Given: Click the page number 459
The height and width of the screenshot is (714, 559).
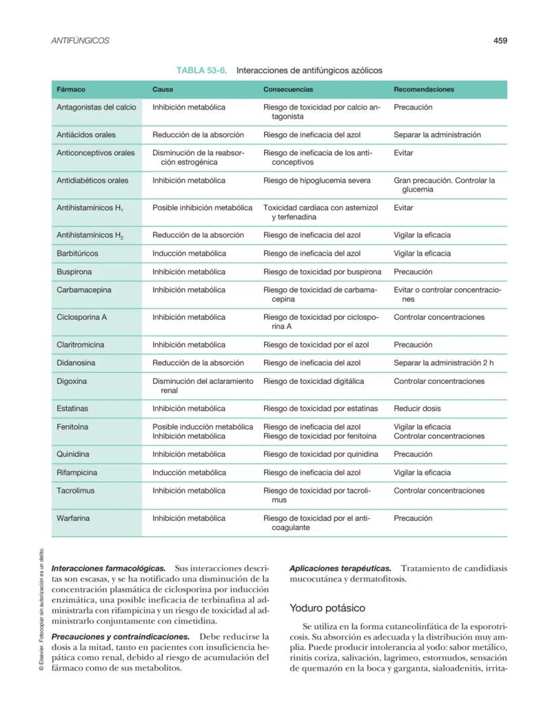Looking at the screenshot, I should [500, 40].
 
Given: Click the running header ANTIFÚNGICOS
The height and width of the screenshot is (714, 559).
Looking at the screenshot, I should [80, 40].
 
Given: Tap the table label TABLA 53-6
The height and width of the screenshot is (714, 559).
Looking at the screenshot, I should [201, 70].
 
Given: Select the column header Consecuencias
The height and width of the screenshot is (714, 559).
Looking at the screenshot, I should [288, 89].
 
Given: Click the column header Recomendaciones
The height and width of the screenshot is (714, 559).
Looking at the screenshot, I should [423, 89].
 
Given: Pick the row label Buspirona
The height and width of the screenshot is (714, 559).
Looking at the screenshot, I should [74, 272].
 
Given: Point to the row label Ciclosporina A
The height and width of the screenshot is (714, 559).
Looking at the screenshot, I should [82, 317].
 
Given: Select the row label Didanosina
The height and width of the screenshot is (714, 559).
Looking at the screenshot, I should [76, 363].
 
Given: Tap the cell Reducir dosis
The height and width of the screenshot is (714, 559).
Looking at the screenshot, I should [417, 408].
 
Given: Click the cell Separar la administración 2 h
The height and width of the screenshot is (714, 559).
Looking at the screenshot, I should [444, 363].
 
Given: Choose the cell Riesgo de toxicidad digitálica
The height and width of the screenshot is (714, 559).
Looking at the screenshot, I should [313, 381].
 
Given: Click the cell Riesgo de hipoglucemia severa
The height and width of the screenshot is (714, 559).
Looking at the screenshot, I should [317, 180].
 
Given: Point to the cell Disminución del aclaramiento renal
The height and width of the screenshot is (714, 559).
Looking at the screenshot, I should [203, 385].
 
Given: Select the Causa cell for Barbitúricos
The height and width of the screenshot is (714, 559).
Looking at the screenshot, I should [189, 254].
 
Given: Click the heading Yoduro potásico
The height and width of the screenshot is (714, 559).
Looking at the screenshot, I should [327, 608].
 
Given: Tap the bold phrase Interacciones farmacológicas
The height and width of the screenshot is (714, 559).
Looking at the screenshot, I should [108, 569].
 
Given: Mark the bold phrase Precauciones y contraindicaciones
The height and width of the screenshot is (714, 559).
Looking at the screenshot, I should [120, 636].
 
